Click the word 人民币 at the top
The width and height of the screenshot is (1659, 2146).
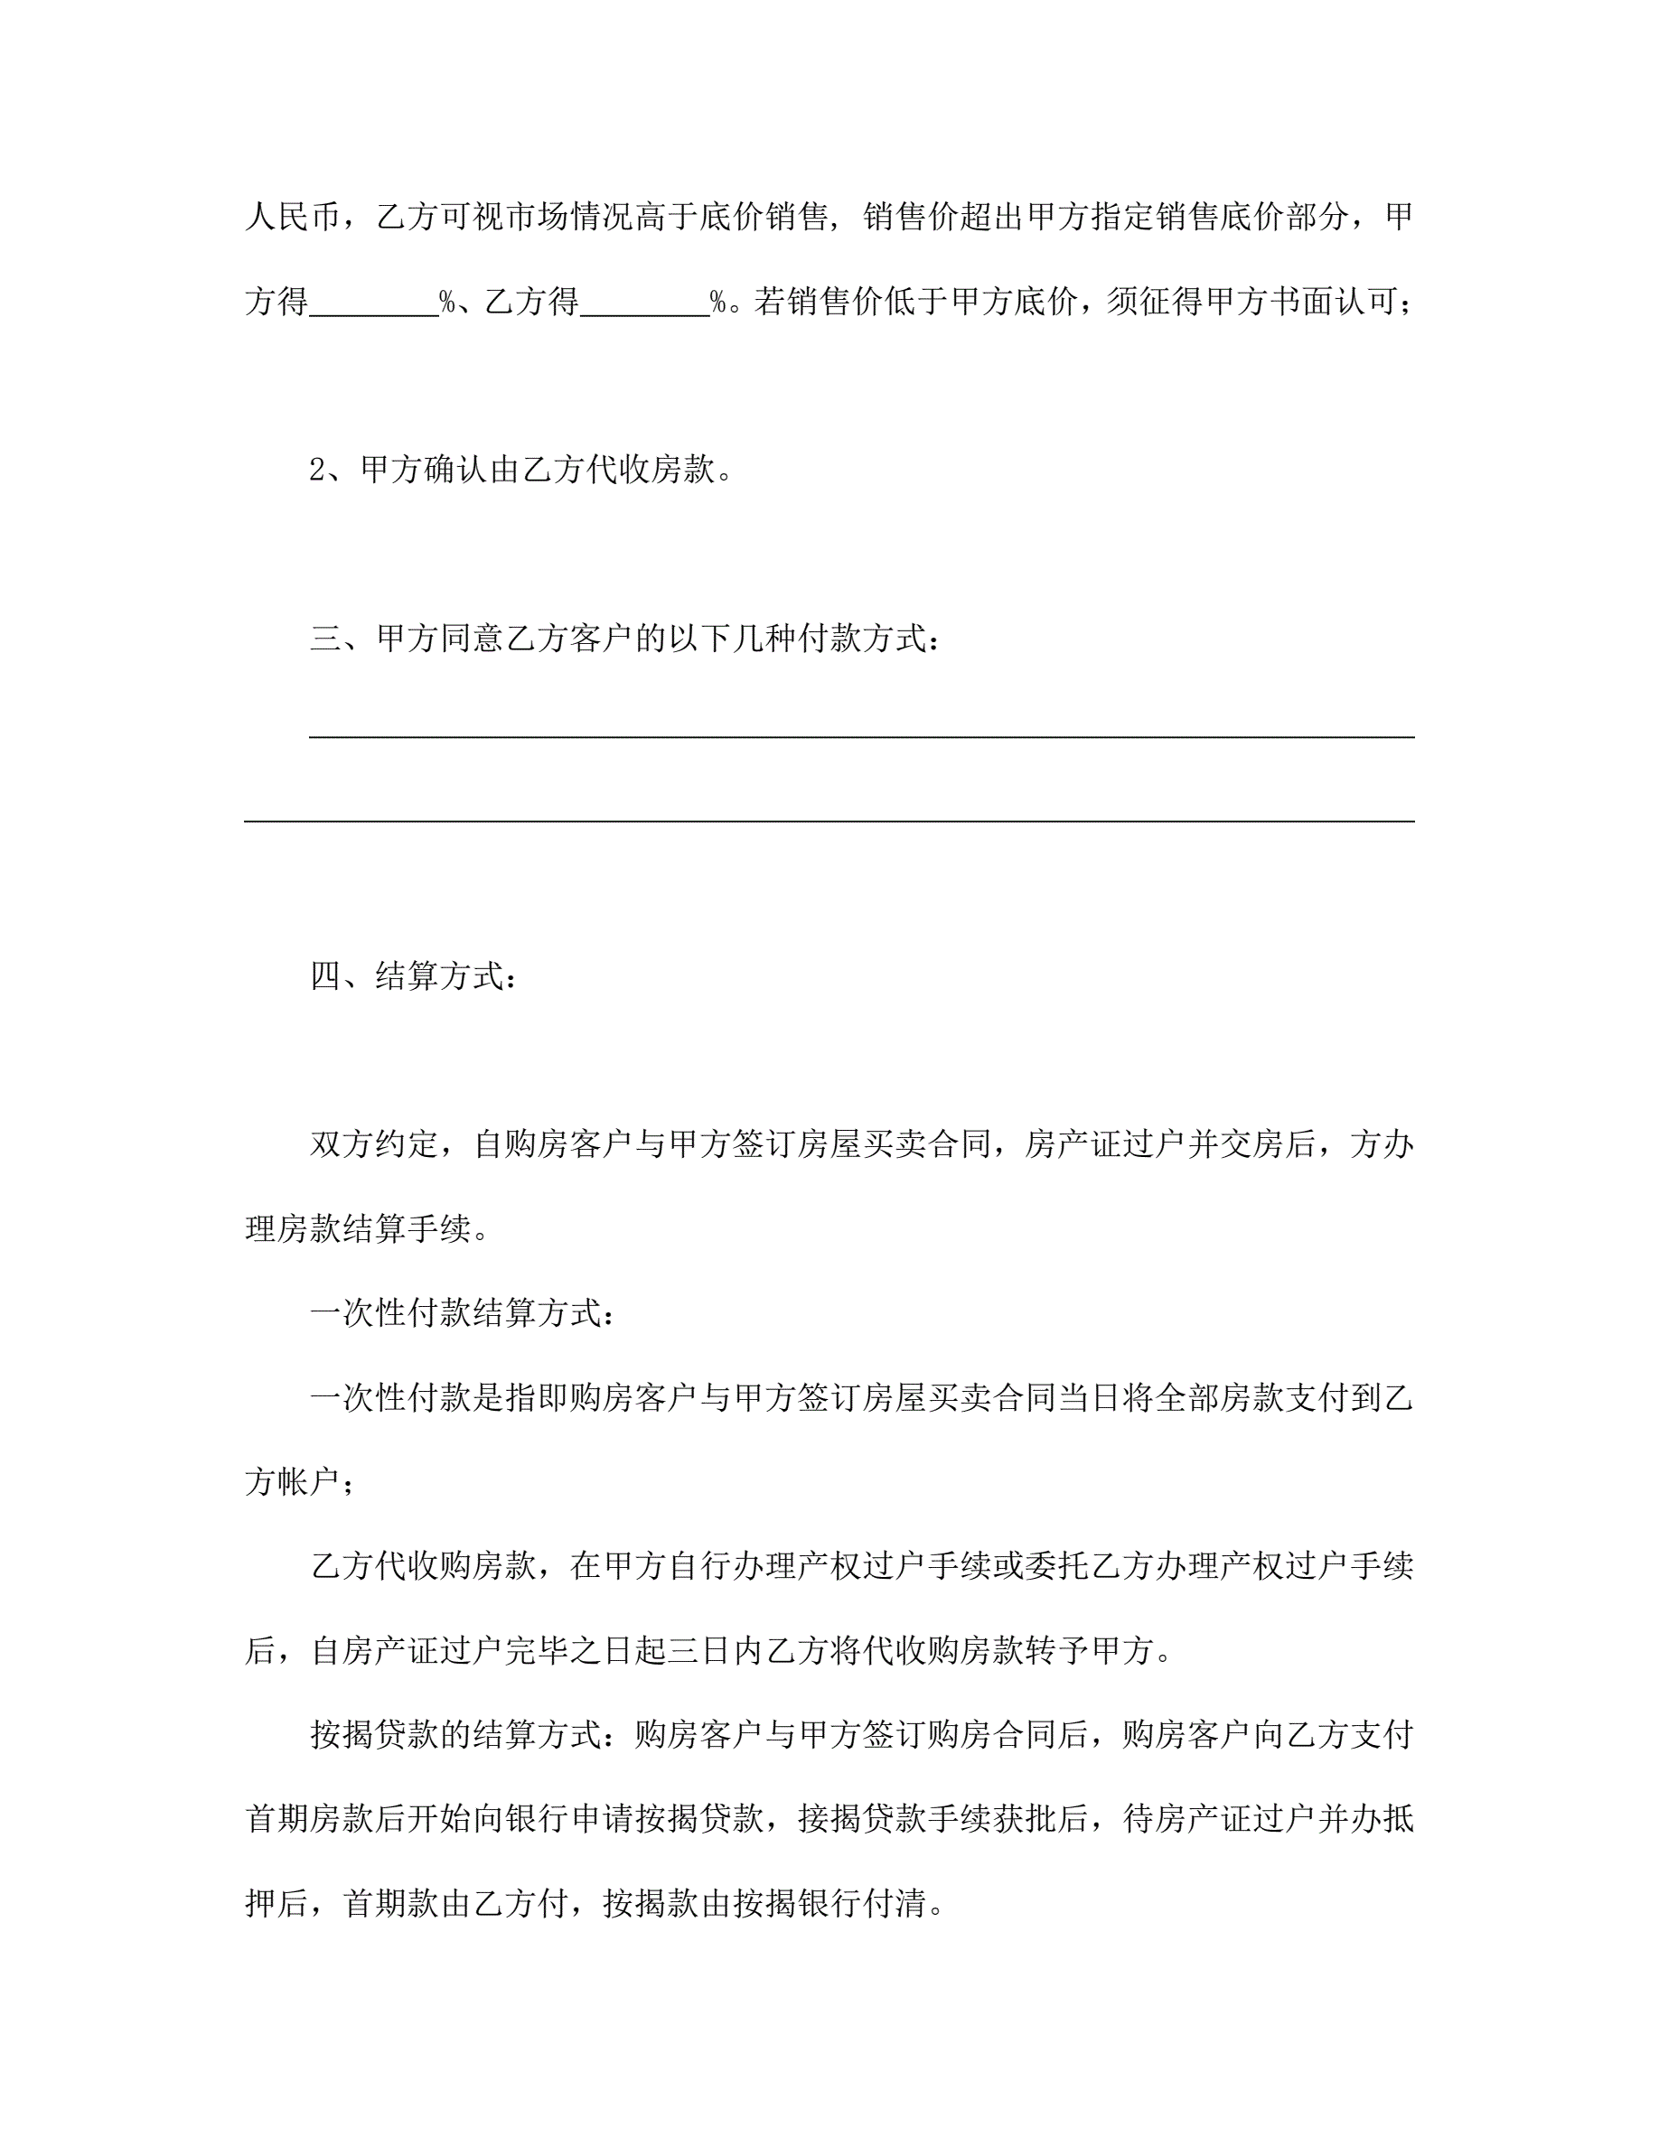(293, 216)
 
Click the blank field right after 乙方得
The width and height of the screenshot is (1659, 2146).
(645, 302)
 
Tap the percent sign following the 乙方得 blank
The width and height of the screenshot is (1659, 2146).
(719, 302)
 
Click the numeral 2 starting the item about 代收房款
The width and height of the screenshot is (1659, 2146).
(317, 471)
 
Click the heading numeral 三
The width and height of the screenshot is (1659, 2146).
(325, 639)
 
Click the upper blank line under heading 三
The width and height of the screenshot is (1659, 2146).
(862, 735)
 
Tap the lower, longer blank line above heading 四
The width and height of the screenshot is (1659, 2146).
(829, 819)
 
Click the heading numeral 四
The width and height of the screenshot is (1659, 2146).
(325, 976)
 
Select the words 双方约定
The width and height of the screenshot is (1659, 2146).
(374, 1144)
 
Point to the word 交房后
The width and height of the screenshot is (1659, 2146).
(1269, 1144)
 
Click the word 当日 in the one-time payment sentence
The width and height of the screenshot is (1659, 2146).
(1090, 1398)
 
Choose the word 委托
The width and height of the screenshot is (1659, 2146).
(1055, 1566)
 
